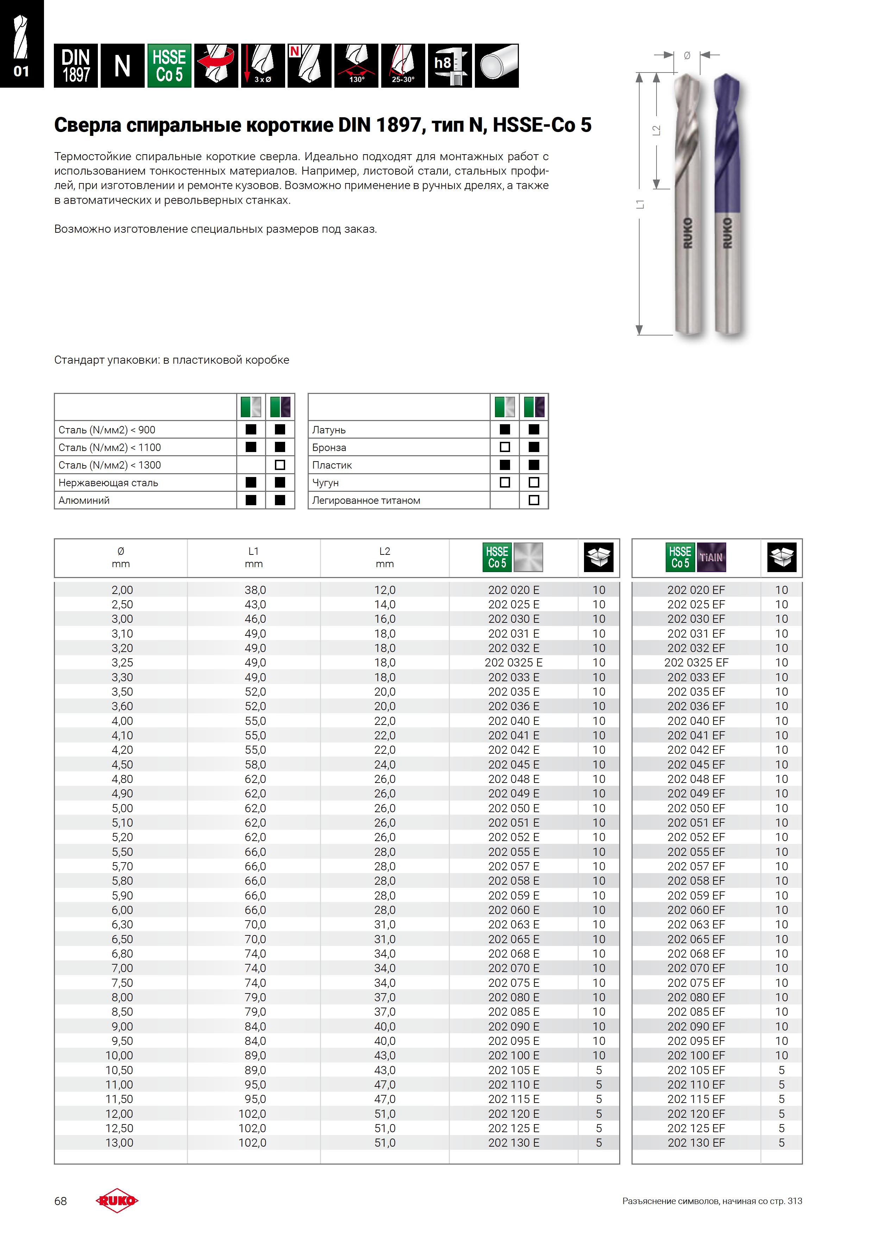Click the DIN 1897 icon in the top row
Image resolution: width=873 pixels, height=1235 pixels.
(x=76, y=65)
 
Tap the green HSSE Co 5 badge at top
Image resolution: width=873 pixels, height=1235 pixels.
(x=169, y=65)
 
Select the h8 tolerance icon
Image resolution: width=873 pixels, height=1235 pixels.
(x=450, y=65)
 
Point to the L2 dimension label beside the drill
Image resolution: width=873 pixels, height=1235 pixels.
(x=656, y=130)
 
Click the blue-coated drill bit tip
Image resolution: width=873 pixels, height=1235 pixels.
(x=726, y=81)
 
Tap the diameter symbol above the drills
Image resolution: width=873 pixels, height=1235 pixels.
(x=687, y=55)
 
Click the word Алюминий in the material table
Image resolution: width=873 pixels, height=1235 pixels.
(x=84, y=500)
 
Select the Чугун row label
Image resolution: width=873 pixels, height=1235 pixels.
(x=325, y=483)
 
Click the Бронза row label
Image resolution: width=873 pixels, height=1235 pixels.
(x=329, y=447)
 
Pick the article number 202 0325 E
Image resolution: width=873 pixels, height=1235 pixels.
(x=513, y=663)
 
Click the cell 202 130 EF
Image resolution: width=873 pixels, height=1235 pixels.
(x=696, y=1142)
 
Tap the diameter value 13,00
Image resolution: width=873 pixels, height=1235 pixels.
(x=119, y=1142)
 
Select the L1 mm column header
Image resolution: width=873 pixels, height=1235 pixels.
(x=253, y=557)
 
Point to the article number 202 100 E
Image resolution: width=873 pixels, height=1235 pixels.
(x=513, y=1055)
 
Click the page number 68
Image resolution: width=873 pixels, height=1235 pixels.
(x=60, y=1201)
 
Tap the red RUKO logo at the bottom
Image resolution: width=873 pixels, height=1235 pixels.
(x=117, y=1200)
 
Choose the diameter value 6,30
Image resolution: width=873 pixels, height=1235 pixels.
(x=122, y=924)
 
